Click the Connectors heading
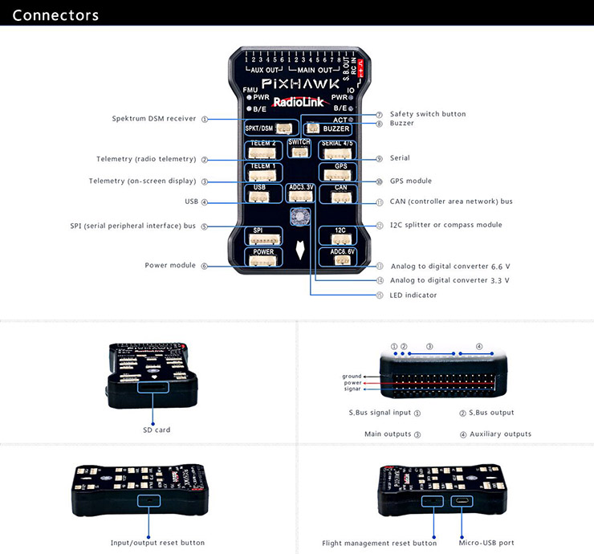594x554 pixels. tap(56, 15)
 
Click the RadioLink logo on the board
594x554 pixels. tap(298, 102)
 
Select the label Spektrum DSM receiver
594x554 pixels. tap(154, 119)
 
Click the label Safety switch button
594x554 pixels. tap(428, 114)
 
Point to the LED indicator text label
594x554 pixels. tap(413, 295)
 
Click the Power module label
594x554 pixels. tap(170, 265)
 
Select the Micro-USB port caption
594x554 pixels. tap(486, 543)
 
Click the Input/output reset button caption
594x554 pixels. tap(157, 543)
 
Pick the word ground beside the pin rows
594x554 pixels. tap(352, 376)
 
